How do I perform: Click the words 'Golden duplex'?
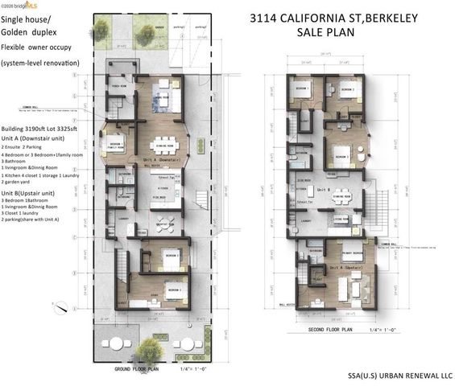click(27, 30)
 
